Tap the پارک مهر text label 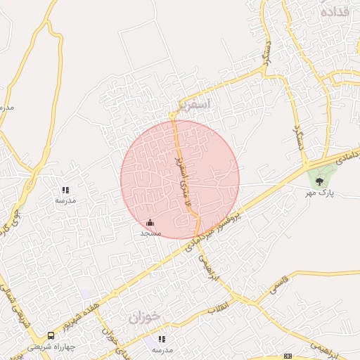point(321,193)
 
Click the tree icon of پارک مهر point(320,181)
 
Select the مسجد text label point(150,233)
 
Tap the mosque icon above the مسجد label point(150,223)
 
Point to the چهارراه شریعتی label point(51,347)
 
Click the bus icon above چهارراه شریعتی point(51,336)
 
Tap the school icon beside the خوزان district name point(162,340)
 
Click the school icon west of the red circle point(65,190)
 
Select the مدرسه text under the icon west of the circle point(65,200)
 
